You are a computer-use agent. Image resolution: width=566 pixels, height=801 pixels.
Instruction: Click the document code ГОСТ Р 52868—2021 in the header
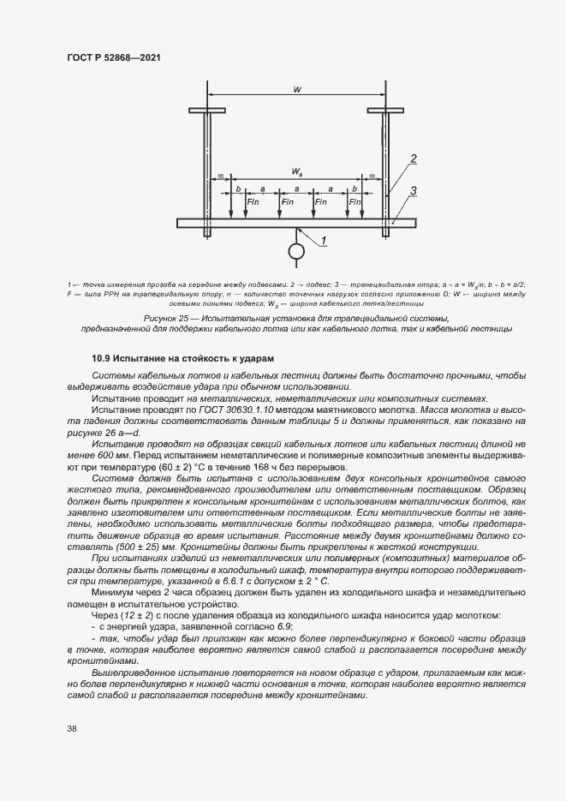(x=113, y=57)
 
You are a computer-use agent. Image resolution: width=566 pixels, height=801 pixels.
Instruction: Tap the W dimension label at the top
(x=295, y=87)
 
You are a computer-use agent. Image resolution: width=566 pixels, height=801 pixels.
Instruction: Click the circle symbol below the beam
(x=296, y=251)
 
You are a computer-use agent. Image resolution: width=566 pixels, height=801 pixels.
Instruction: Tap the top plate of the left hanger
(x=206, y=110)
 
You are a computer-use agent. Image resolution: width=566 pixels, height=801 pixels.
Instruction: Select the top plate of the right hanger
(x=385, y=110)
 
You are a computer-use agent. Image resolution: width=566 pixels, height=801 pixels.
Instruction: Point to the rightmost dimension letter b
(x=354, y=188)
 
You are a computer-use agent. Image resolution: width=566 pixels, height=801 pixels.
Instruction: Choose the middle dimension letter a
(x=296, y=188)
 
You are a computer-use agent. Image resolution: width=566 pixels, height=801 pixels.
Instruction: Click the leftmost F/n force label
(x=253, y=202)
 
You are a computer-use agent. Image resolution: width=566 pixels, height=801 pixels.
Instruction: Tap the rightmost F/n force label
(x=355, y=202)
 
